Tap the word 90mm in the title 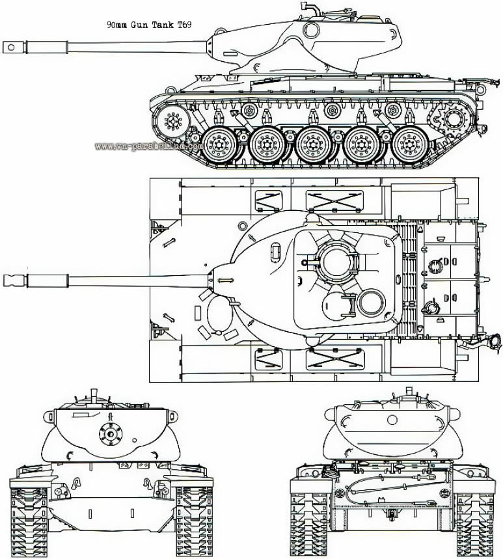coord(118,25)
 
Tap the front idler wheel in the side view coord(173,121)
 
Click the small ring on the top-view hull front coord(242,226)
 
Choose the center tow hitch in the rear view coord(392,514)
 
